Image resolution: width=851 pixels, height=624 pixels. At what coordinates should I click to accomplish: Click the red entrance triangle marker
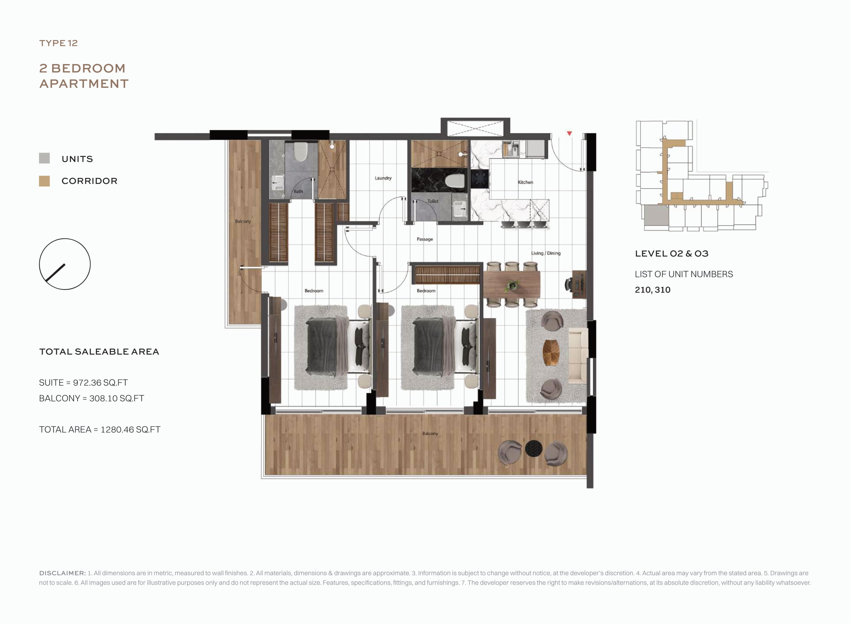click(569, 133)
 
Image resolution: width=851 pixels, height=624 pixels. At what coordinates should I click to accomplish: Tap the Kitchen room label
click(525, 182)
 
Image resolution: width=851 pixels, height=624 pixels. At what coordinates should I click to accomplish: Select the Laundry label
click(383, 178)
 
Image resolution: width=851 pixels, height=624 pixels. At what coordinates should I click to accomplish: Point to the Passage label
click(425, 239)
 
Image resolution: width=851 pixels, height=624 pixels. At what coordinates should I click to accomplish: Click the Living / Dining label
click(546, 253)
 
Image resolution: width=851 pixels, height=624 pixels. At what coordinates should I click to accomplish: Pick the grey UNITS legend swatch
click(44, 158)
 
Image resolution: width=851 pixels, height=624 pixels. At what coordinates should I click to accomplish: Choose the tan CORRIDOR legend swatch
click(44, 181)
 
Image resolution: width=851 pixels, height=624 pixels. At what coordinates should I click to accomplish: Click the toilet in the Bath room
click(300, 152)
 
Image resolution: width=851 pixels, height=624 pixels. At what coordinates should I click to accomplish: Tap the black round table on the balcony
click(534, 449)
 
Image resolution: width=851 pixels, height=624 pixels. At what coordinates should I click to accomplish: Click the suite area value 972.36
click(87, 383)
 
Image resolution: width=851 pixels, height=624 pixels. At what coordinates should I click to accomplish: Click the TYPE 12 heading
click(58, 43)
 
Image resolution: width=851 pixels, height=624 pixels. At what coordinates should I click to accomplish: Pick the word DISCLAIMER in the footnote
click(62, 573)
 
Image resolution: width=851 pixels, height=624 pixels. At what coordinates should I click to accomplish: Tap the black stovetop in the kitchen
click(480, 179)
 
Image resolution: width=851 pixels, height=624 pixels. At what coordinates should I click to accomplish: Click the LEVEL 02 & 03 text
click(672, 254)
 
